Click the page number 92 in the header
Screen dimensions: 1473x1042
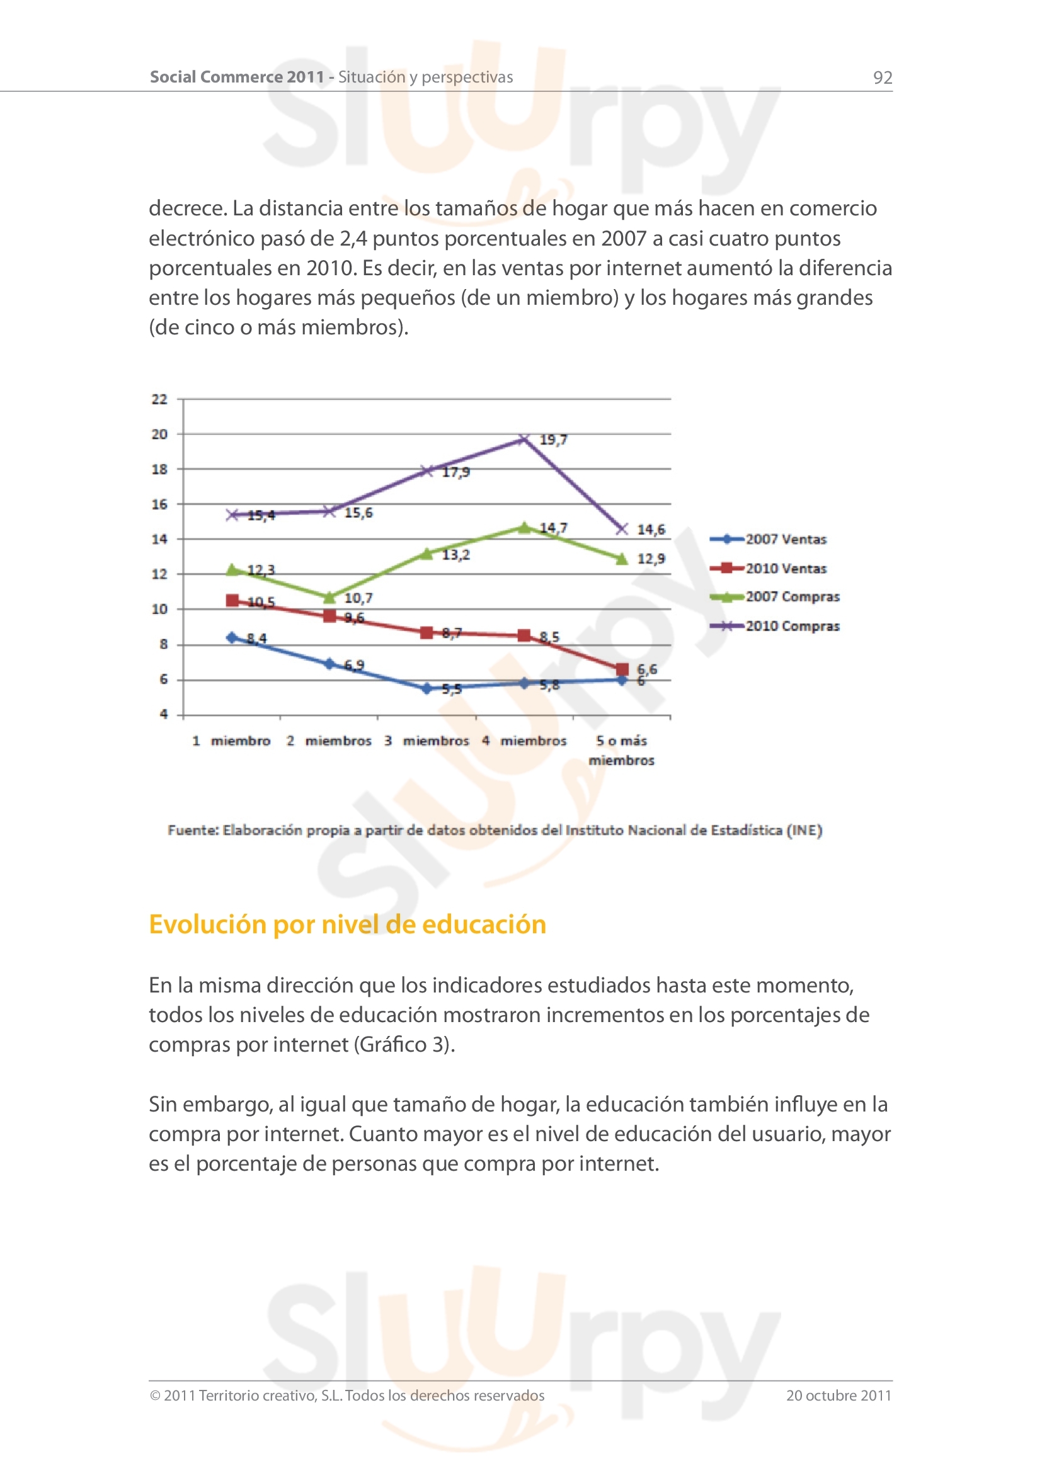pos(882,77)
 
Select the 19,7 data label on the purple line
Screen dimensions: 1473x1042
pos(553,440)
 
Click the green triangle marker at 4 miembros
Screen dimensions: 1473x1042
pos(524,527)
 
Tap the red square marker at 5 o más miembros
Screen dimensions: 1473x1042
pos(622,670)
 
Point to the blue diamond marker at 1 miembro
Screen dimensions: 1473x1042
pos(232,637)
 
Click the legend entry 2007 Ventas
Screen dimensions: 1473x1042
pos(786,540)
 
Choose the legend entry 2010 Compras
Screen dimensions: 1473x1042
pos(792,626)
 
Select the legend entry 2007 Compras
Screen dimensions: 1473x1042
pos(792,596)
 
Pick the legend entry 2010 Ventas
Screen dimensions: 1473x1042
pos(786,569)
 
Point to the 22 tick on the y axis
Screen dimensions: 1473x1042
pos(159,399)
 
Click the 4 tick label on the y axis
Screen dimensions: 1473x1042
pos(164,714)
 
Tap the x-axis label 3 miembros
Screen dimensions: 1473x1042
pos(427,741)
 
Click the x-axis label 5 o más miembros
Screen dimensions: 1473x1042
pos(621,750)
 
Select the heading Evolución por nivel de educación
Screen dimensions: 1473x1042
pos(347,924)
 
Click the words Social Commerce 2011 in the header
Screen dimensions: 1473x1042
pos(237,77)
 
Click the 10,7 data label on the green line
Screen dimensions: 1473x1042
pos(358,598)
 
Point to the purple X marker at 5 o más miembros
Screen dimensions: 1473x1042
pos(622,528)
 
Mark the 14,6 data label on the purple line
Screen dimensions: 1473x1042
pos(651,530)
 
